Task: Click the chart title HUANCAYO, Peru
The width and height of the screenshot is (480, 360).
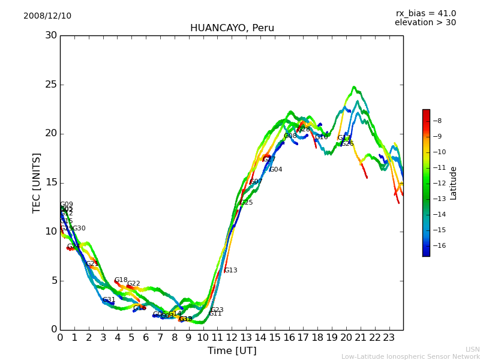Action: [x=232, y=28]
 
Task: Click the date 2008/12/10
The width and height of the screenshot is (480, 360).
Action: [x=47, y=16]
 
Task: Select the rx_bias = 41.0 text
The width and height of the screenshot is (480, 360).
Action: [x=425, y=14]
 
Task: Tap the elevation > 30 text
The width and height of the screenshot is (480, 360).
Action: [x=425, y=23]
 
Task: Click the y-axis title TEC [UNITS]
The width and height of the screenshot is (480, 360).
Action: [x=37, y=182]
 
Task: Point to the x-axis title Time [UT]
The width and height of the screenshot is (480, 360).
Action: [x=232, y=351]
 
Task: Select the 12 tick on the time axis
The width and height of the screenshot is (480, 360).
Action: [x=232, y=338]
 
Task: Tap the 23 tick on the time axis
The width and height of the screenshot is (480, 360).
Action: [x=389, y=338]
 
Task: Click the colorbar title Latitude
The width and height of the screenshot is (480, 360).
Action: [x=454, y=183]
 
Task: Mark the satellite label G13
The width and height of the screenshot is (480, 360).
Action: [x=230, y=271]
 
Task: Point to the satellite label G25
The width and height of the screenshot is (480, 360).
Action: [x=246, y=203]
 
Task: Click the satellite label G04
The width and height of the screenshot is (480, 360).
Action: [x=275, y=170]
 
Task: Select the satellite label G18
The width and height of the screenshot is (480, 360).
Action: [x=121, y=280]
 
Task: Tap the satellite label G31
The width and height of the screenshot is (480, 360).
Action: [x=109, y=300]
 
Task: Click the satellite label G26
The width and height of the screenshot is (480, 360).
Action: [x=347, y=144]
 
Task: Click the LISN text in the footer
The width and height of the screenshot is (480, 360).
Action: [x=472, y=349]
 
